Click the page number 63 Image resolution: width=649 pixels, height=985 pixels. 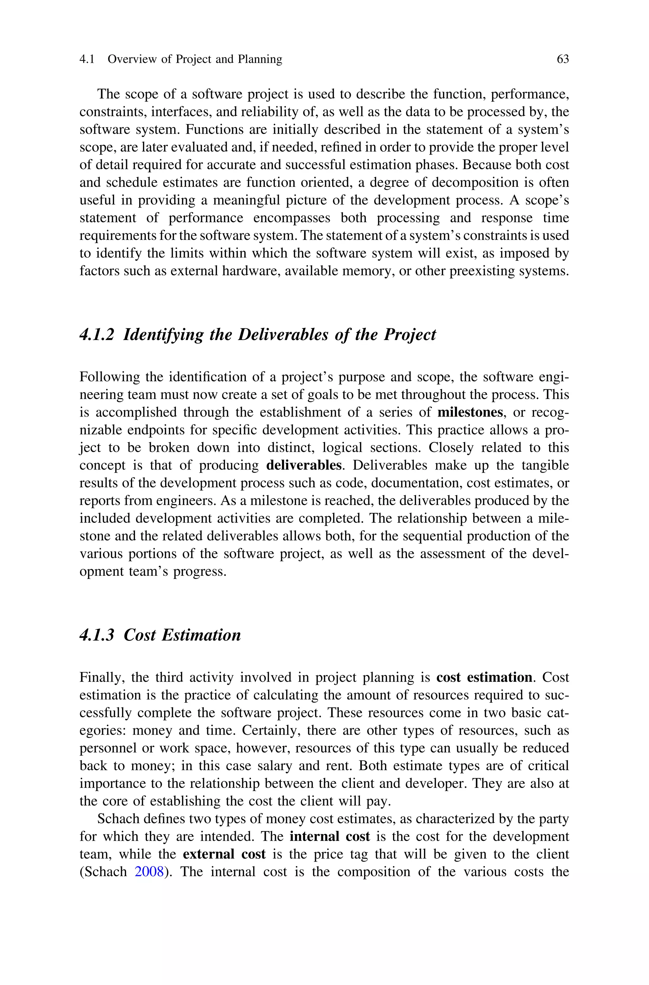click(562, 59)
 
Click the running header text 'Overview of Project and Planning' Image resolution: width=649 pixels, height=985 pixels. click(195, 59)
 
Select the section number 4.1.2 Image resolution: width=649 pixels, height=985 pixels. click(96, 335)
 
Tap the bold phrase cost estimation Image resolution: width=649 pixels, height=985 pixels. click(484, 678)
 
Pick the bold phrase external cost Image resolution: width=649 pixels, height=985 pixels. click(224, 854)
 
